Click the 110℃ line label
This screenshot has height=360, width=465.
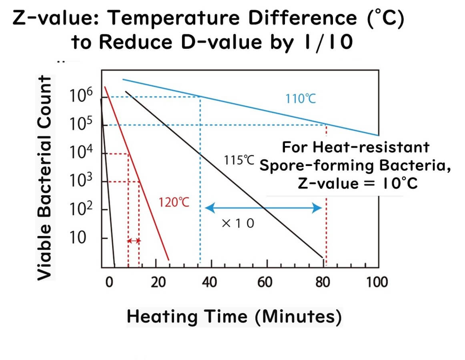tap(301, 98)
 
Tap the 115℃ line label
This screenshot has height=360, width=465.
tap(239, 160)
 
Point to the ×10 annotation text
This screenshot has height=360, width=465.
tap(237, 223)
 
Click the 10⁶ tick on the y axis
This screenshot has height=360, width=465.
tap(81, 96)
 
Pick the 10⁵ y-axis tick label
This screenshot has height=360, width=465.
tap(81, 125)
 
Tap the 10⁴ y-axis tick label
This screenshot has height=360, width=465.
tap(81, 153)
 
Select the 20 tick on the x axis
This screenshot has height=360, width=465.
tap(158, 282)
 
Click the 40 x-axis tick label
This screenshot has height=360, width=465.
tap(208, 282)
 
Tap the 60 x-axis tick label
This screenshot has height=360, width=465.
tap(265, 282)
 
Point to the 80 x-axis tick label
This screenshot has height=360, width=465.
tap(322, 282)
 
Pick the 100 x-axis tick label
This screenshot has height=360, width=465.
tap(377, 282)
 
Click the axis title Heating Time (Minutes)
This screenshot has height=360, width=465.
tap(235, 317)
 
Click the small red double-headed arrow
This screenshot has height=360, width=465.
tap(134, 241)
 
